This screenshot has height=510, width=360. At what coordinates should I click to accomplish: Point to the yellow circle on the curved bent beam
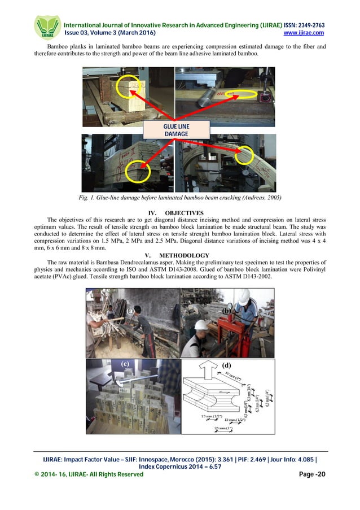(246, 154)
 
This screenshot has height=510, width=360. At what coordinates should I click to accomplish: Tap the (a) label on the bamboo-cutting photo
(130, 311)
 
